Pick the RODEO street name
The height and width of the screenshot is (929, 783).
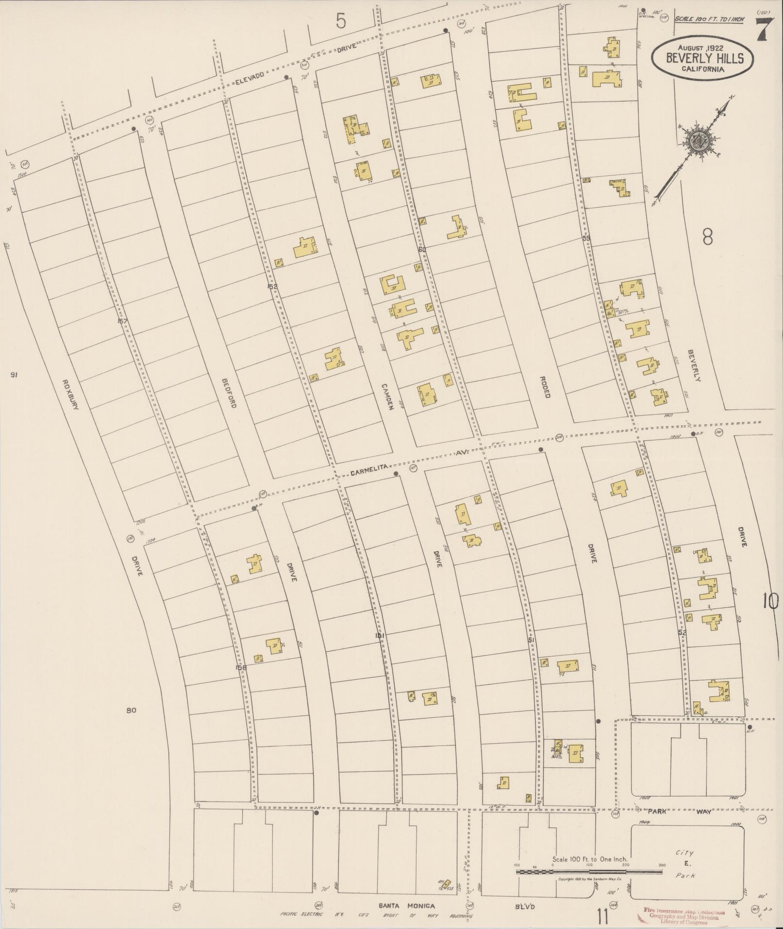click(x=545, y=387)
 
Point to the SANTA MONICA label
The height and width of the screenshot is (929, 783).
click(x=407, y=905)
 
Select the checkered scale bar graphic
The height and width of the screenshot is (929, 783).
click(x=589, y=872)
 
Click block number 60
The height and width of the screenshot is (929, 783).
click(x=422, y=250)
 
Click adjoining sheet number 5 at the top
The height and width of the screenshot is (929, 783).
click(x=342, y=21)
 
